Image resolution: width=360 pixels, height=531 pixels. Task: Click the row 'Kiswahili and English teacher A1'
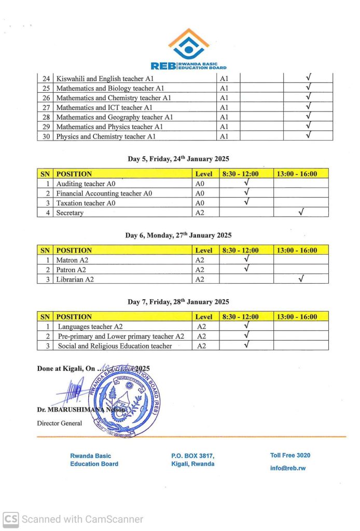pyautogui.click(x=105, y=78)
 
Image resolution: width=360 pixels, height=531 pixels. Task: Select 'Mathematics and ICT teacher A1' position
pyautogui.click(x=104, y=107)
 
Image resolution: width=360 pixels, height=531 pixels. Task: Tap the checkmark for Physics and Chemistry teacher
pyautogui.click(x=308, y=136)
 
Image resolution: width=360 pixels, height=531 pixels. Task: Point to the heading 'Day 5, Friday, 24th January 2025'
pyautogui.click(x=178, y=159)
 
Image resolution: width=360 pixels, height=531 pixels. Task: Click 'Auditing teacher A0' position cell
pyautogui.click(x=86, y=184)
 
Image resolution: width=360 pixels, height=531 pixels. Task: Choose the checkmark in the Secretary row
pyautogui.click(x=301, y=212)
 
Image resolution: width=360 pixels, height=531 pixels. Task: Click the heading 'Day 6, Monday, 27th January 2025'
pyautogui.click(x=178, y=235)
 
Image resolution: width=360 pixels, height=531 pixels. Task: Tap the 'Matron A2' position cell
pyautogui.click(x=73, y=260)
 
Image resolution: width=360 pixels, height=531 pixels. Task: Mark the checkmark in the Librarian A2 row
pyautogui.click(x=301, y=279)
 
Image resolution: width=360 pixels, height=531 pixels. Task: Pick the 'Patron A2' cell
pyautogui.click(x=72, y=270)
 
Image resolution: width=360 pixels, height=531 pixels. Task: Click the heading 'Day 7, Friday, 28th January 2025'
pyautogui.click(x=178, y=302)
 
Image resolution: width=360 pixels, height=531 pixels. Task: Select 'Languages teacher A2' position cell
pyautogui.click(x=90, y=326)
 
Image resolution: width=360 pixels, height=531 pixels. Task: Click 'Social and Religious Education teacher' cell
pyautogui.click(x=115, y=346)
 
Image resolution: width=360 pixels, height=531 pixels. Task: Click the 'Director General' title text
pyautogui.click(x=60, y=423)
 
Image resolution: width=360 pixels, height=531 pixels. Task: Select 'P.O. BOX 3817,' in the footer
pyautogui.click(x=192, y=456)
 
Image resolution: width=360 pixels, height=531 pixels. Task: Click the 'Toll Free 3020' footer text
pyautogui.click(x=290, y=455)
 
